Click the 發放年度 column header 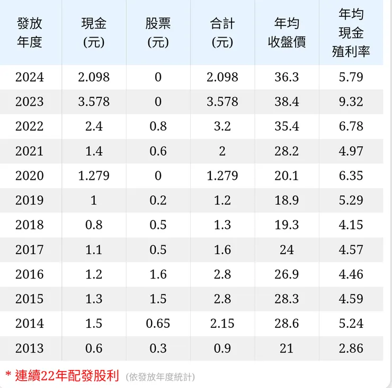(x=30, y=32)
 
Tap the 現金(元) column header (x=94, y=32)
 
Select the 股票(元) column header (x=158, y=32)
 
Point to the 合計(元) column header (x=222, y=32)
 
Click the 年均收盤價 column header (x=287, y=32)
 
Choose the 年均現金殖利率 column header (x=351, y=32)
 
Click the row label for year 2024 (x=30, y=77)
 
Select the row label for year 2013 (x=30, y=348)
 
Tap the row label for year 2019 (x=30, y=200)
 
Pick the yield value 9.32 (x=351, y=101)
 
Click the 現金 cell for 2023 (x=94, y=101)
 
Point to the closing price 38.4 (x=287, y=101)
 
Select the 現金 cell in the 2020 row (x=94, y=175)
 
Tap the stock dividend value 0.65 (x=158, y=324)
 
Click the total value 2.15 (x=222, y=324)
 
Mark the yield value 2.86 (x=351, y=348)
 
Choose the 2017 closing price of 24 (x=287, y=250)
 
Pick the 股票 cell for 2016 (x=158, y=274)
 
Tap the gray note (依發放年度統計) (x=161, y=377)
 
